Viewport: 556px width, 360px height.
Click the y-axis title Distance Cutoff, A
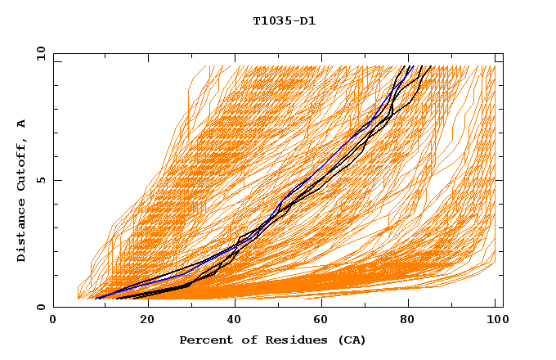(x=21, y=190)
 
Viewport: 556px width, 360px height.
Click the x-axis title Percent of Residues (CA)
(x=273, y=340)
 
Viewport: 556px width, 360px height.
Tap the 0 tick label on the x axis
(x=53, y=321)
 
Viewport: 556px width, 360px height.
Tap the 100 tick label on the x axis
(x=495, y=321)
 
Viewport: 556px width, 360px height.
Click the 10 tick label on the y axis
(x=40, y=52)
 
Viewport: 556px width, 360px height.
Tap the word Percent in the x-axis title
(x=204, y=340)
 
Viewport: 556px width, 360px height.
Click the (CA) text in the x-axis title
(x=349, y=340)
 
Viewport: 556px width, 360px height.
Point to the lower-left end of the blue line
(x=96, y=298)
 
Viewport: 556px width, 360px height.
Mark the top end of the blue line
(x=413, y=66)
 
